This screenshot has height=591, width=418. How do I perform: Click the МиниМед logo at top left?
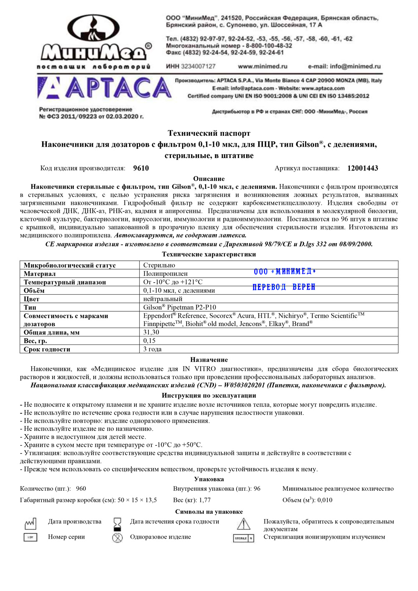click(95, 41)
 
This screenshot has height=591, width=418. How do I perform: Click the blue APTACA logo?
click(105, 88)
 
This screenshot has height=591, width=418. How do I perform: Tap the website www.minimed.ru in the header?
click(263, 66)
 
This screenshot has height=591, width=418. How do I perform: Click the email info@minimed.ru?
click(344, 66)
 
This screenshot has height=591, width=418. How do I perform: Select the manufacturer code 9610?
click(141, 168)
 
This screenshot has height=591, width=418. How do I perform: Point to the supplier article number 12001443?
click(362, 168)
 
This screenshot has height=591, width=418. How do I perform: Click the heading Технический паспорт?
click(209, 133)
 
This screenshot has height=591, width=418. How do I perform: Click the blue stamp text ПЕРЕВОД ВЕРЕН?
click(284, 287)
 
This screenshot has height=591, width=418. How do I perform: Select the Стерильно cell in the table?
click(159, 265)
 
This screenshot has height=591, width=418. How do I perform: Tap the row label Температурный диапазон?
click(65, 282)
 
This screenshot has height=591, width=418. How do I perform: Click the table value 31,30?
click(151, 332)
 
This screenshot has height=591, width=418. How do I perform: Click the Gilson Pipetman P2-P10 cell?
click(180, 307)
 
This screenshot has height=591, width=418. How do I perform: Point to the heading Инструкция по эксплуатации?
click(209, 395)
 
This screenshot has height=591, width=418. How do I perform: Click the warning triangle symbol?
click(243, 524)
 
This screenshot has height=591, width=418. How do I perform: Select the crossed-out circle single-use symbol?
click(117, 538)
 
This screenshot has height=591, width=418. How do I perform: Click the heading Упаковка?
click(209, 479)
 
